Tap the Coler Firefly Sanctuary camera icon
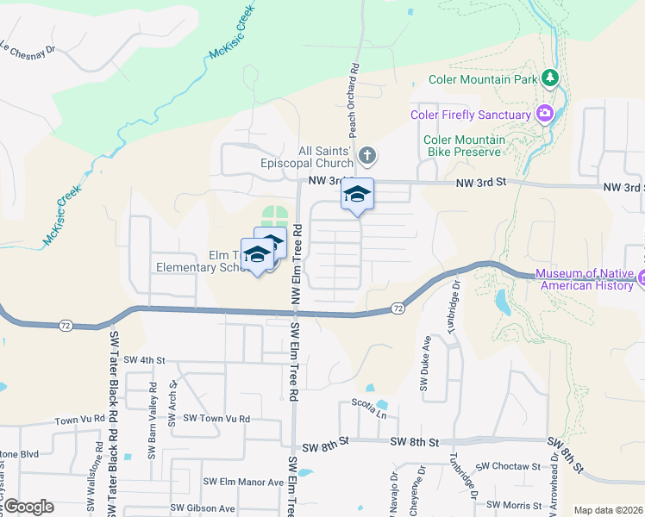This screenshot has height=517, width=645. click(x=544, y=114)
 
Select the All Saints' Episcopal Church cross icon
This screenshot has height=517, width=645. click(x=366, y=156)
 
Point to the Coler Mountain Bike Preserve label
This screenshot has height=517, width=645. click(x=462, y=146)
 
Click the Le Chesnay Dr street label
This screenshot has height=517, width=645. click(x=28, y=48)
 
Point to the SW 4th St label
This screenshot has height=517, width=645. click(x=144, y=360)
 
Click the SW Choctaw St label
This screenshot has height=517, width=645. click(x=509, y=466)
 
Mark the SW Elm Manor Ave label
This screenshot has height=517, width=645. click(x=243, y=482)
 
